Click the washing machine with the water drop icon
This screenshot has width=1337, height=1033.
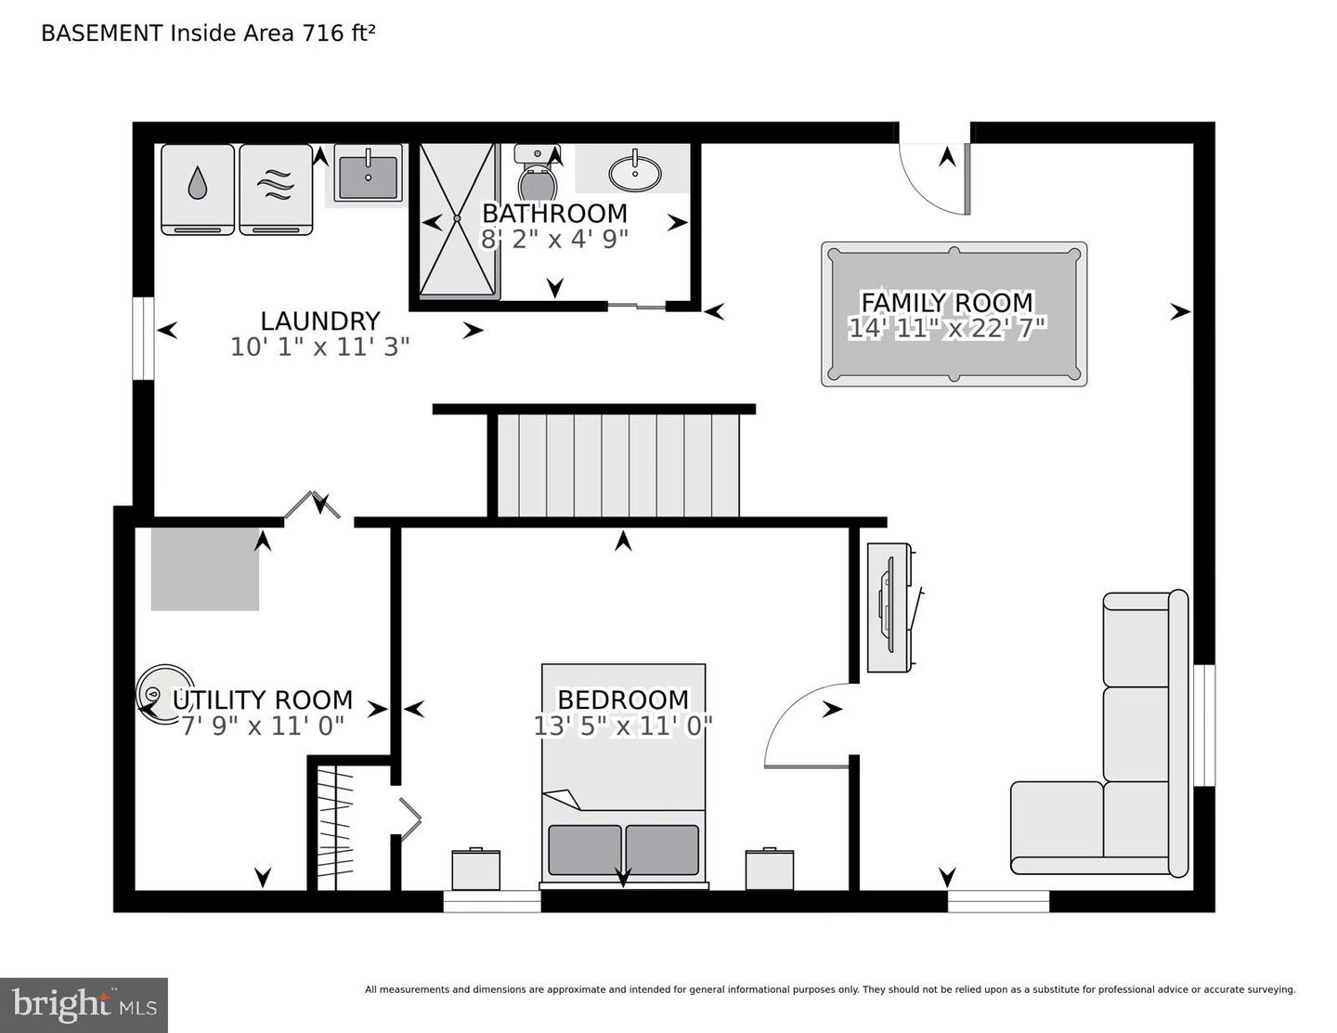tap(197, 189)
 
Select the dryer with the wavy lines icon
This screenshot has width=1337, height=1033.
tap(276, 189)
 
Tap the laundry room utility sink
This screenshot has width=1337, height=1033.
tap(368, 177)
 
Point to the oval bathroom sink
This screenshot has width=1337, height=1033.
tap(635, 172)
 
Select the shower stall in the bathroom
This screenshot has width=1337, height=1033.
tap(457, 220)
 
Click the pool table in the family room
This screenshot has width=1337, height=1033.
tap(954, 314)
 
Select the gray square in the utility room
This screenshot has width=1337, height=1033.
tap(205, 569)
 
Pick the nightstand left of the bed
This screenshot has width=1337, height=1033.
tap(475, 870)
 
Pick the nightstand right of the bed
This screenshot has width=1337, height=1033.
tap(769, 870)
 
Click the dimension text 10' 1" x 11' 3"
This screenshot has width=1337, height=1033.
tap(319, 347)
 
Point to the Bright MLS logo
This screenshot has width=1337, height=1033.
tap(84, 1005)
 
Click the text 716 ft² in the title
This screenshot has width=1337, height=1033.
tap(335, 33)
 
